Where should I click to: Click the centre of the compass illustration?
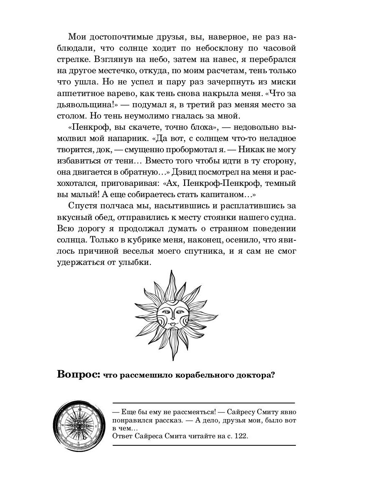[79, 426]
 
